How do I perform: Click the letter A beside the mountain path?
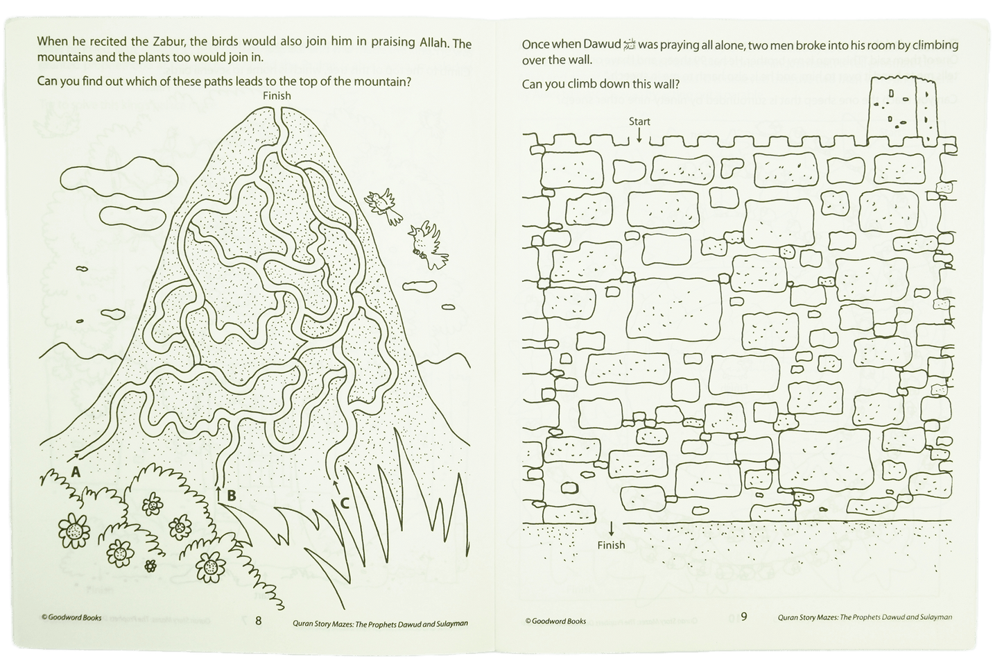(76, 472)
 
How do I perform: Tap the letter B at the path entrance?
(232, 496)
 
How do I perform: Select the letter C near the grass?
(345, 503)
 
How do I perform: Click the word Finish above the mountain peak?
(277, 96)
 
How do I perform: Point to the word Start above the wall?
(639, 121)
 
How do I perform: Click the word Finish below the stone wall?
(612, 545)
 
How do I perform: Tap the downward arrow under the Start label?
(639, 135)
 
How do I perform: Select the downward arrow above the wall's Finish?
(611, 529)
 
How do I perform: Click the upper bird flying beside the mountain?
(383, 205)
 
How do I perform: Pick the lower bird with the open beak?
(428, 245)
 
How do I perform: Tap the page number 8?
(258, 621)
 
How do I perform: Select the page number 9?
(744, 616)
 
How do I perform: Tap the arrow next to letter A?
(74, 456)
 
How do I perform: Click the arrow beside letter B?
(218, 494)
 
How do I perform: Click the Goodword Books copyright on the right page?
(555, 621)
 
